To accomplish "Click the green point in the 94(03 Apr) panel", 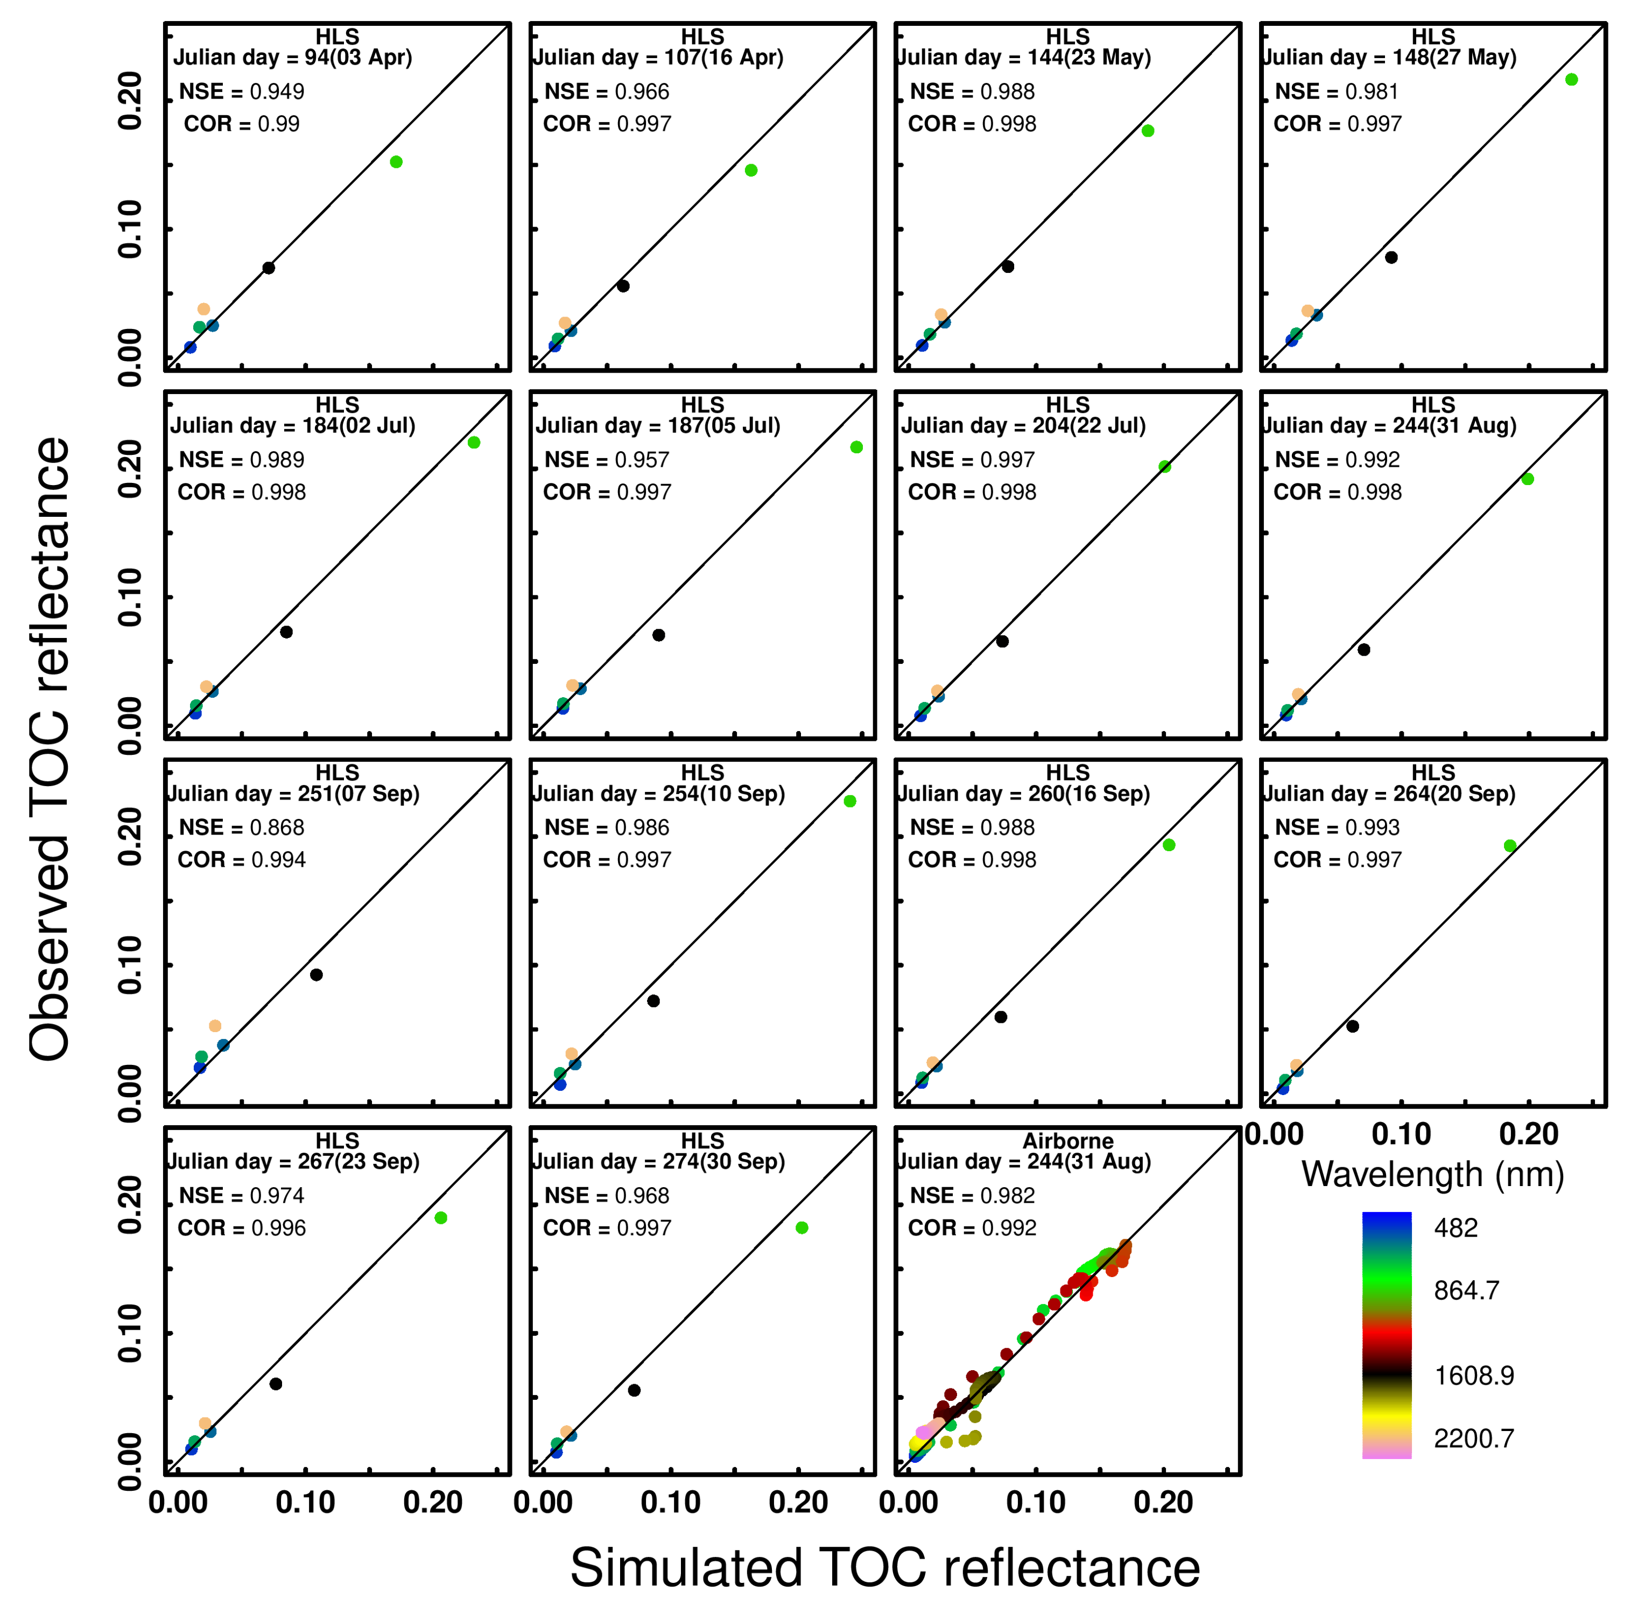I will pos(396,162).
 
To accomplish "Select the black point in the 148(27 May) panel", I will pos(1391,257).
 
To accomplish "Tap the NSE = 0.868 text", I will pos(241,827).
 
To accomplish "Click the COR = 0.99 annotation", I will pos(241,124).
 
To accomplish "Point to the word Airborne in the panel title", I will pos(1067,1141).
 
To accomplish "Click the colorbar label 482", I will pos(1456,1229).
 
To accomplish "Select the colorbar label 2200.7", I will pos(1473,1439).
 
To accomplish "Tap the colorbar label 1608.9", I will pos(1473,1376).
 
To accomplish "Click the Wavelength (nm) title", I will pos(1432,1175).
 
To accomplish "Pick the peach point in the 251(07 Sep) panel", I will pos(215,1026).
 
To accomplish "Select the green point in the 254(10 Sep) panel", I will pos(849,802).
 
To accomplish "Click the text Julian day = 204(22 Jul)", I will pos(1022,425).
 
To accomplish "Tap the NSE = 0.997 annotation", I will pos(972,460).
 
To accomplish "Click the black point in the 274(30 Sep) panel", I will pos(634,1390).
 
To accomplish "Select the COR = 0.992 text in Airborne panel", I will pos(972,1229).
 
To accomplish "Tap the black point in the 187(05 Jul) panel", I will pos(658,635).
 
